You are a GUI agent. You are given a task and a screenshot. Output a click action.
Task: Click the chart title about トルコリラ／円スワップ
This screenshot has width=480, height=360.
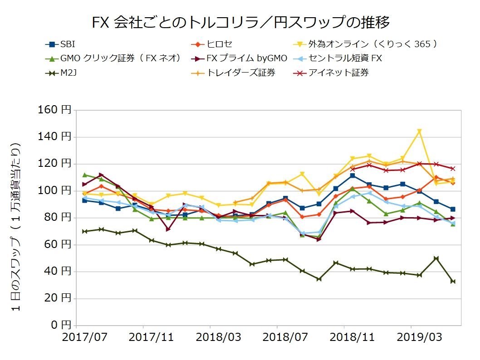240,21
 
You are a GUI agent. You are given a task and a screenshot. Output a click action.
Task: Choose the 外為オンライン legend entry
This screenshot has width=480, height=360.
372,44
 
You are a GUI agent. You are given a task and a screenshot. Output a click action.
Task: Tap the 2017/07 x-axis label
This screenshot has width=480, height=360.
77,337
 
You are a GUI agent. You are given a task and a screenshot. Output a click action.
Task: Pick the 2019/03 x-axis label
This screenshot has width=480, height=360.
411,337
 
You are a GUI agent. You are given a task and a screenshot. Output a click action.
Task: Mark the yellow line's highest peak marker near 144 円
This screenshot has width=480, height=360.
419,131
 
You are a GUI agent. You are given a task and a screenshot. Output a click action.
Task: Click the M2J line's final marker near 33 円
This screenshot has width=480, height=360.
453,282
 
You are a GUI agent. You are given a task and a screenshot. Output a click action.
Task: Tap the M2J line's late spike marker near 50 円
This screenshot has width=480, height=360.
436,258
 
